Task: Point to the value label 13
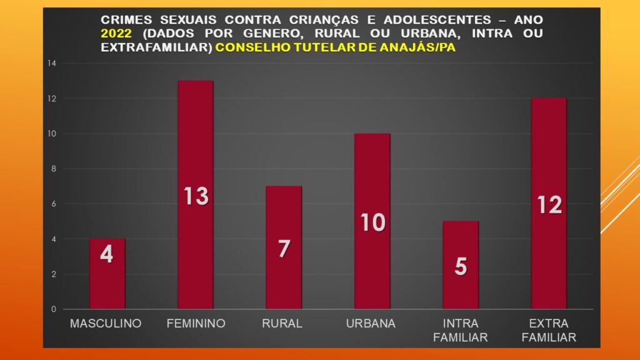click(x=196, y=196)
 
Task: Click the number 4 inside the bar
click(x=107, y=254)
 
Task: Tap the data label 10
click(x=372, y=222)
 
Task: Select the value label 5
click(x=461, y=266)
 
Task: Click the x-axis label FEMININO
click(x=196, y=324)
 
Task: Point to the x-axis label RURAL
click(x=284, y=324)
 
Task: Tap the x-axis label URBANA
click(x=372, y=324)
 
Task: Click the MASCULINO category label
click(x=107, y=324)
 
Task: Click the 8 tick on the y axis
click(x=54, y=169)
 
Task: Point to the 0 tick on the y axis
click(x=54, y=309)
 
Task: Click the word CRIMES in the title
click(x=125, y=20)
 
